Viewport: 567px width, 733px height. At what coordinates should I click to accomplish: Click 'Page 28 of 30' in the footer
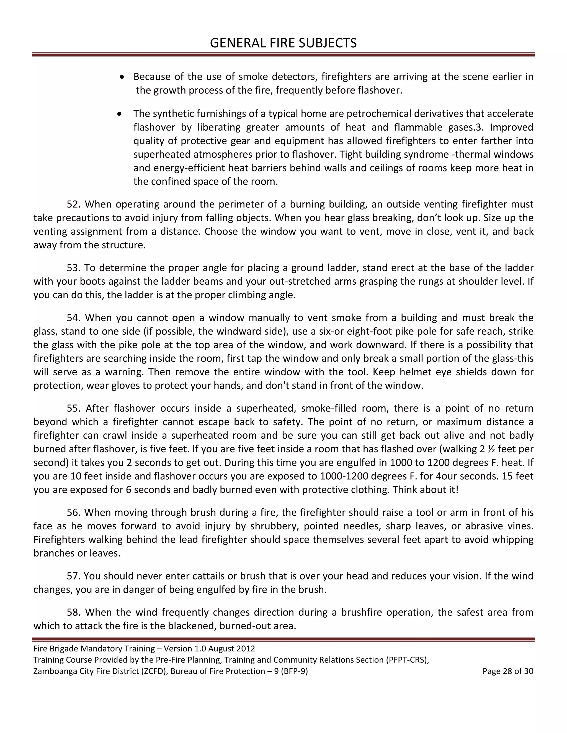[x=507, y=671]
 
